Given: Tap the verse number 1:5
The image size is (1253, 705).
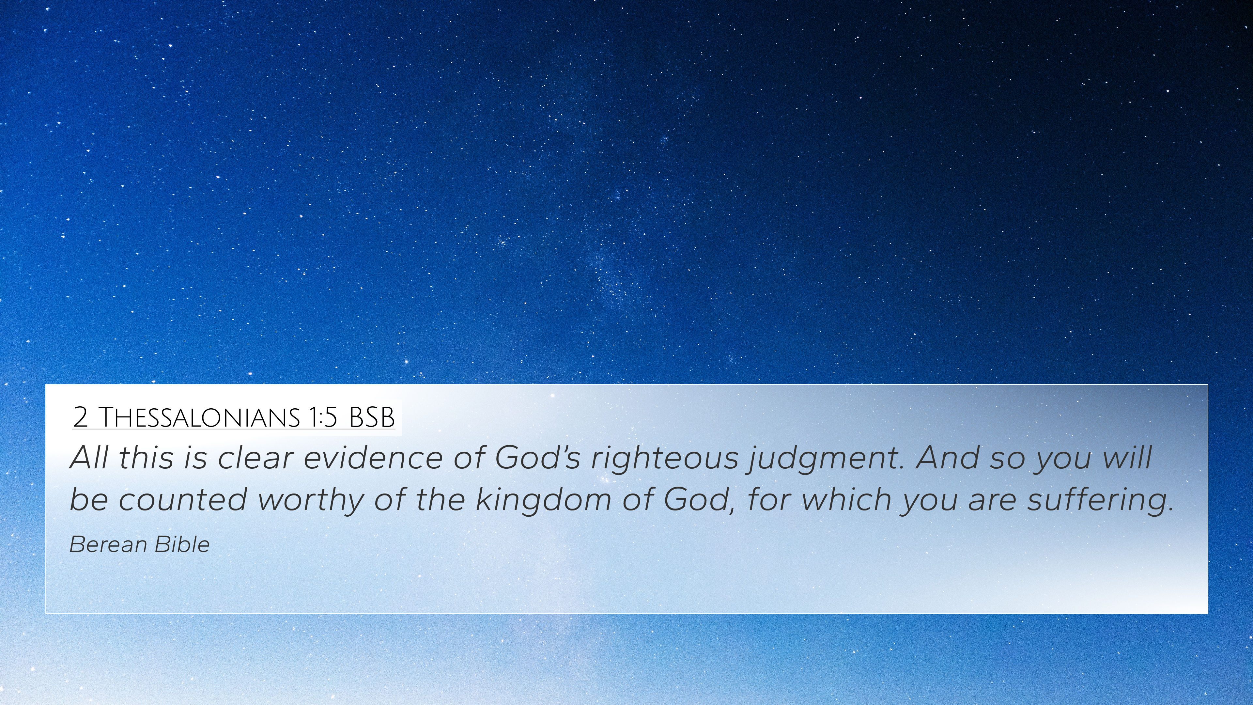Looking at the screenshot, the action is click(x=322, y=417).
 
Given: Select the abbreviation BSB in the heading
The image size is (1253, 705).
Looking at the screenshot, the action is click(x=372, y=417).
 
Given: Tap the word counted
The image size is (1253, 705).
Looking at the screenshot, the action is click(x=183, y=499).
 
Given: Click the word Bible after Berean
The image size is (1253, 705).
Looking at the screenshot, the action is click(x=182, y=544).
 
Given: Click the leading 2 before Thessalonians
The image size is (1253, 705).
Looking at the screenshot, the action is click(x=80, y=417).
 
